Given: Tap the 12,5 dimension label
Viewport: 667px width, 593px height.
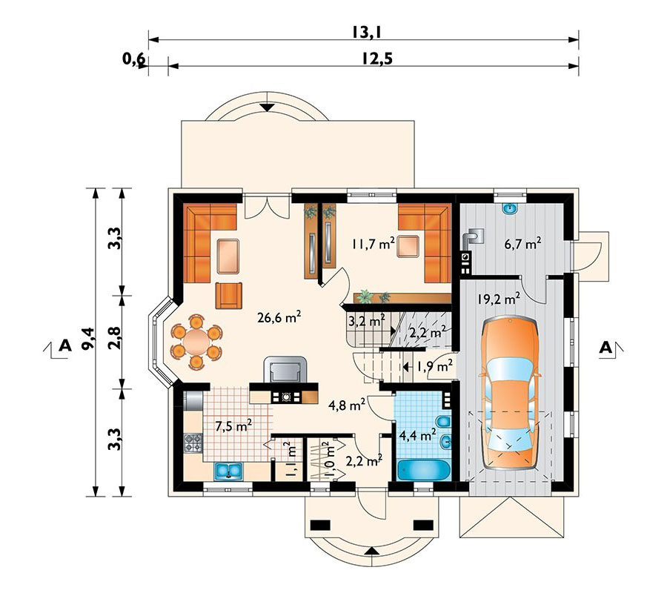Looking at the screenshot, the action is [x=377, y=59].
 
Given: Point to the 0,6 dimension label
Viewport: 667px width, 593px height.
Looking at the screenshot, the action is [x=133, y=59].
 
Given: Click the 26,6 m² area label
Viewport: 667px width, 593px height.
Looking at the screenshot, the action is [x=279, y=317].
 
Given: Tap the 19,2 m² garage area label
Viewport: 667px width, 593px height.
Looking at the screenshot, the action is [x=498, y=299].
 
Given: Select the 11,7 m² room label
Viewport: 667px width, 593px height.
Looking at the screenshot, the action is [x=374, y=244].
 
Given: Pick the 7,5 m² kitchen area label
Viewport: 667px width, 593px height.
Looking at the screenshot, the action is [x=233, y=425].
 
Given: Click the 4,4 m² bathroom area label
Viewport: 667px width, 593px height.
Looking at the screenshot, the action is [x=418, y=435].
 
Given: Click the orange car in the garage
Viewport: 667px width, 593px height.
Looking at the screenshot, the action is [x=508, y=393].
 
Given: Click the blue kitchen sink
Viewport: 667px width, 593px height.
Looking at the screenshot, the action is [x=228, y=471].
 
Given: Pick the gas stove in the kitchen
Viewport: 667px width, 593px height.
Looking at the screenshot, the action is [x=192, y=443].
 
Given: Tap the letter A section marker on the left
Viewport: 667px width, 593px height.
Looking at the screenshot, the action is [x=65, y=345].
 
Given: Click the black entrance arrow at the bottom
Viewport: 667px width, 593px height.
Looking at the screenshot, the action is [x=372, y=551].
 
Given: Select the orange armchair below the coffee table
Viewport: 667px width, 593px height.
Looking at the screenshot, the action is [x=229, y=295].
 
